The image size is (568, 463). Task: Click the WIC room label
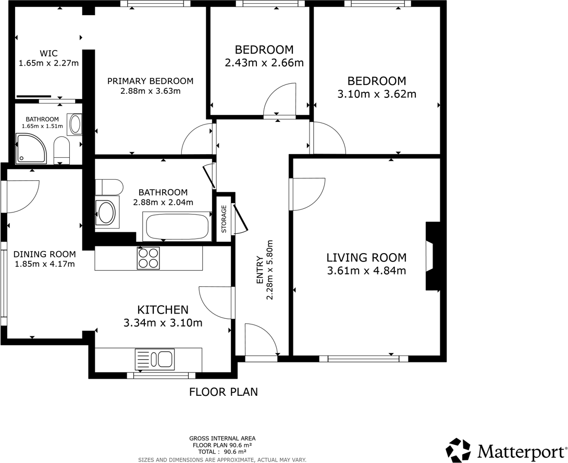click(48, 53)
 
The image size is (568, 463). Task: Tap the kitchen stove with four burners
click(148, 258)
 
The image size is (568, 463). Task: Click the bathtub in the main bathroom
click(177, 227)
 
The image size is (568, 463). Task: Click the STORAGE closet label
click(224, 219)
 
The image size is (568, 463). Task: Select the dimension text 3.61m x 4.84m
click(366, 270)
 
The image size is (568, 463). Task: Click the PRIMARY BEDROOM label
click(150, 81)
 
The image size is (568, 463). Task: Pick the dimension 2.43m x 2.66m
click(264, 63)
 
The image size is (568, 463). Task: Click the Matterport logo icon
click(460, 449)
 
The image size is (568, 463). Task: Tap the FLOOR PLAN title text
click(223, 392)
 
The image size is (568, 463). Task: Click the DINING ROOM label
click(44, 254)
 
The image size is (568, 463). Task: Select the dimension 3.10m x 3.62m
click(377, 94)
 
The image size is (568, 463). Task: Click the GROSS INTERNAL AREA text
click(222, 439)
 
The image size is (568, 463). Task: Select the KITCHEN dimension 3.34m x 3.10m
click(163, 323)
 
